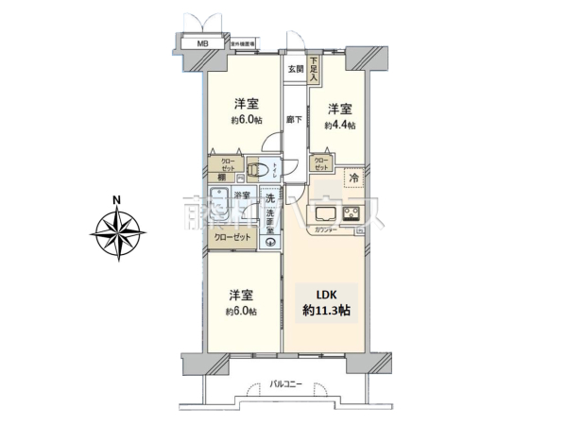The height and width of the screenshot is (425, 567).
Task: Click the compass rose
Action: pyautogui.click(x=118, y=229)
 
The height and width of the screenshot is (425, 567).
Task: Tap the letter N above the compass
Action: pyautogui.click(x=115, y=199)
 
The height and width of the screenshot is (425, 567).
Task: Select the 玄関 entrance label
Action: pyautogui.click(x=295, y=69)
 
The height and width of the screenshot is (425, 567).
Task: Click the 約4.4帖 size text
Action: pyautogui.click(x=339, y=125)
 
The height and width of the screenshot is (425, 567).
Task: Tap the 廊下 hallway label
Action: pyautogui.click(x=295, y=120)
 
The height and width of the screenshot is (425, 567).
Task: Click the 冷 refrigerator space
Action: pyautogui.click(x=353, y=178)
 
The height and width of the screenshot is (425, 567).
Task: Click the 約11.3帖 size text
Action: pyautogui.click(x=323, y=310)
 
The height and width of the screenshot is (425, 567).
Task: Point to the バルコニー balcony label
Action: pyautogui.click(x=285, y=384)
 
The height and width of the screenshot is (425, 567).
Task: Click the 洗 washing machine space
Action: pyautogui.click(x=270, y=199)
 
